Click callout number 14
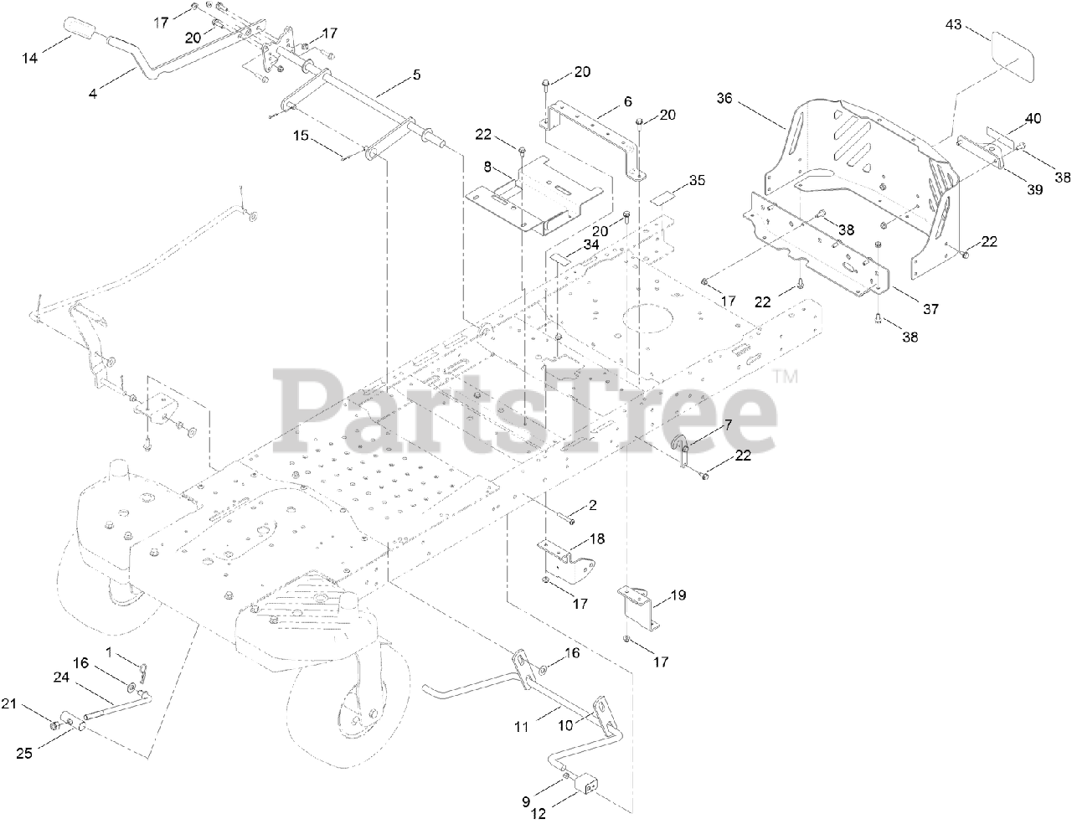pos(30,57)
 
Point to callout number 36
pos(724,98)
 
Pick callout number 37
pos(931,309)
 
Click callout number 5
pos(416,75)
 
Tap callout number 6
pos(627,100)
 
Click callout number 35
pos(698,180)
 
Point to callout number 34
pos(591,245)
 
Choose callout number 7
pos(728,425)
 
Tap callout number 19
pos(678,595)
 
